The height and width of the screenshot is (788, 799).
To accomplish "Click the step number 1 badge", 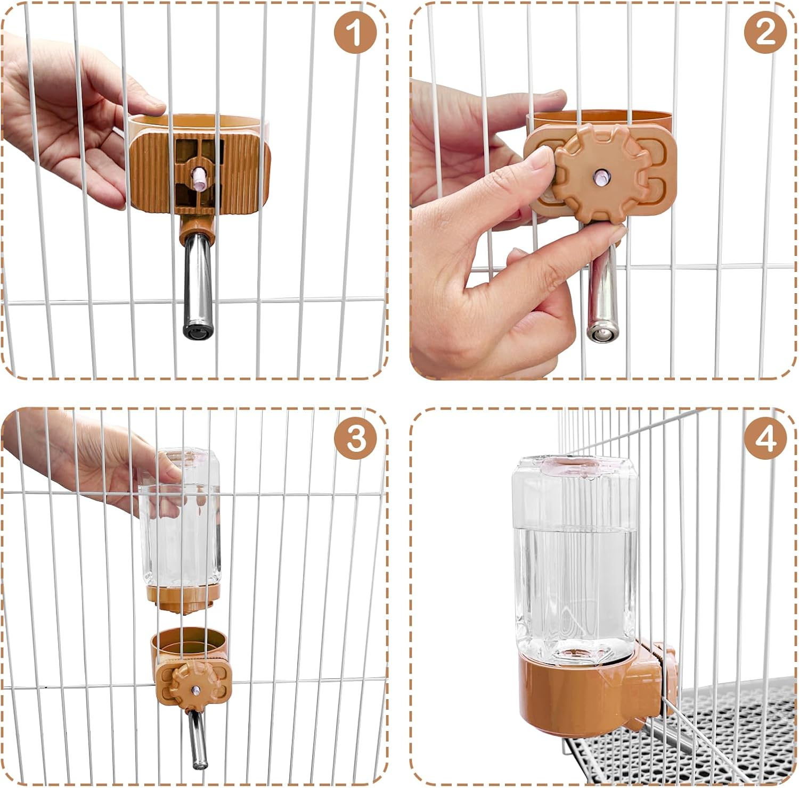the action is pos(356,34).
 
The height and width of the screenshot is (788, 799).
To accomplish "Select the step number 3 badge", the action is pos(356,440).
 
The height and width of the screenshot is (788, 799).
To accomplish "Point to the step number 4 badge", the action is pos(765,440).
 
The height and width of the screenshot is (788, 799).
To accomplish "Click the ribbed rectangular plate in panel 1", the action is pos(200,169).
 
